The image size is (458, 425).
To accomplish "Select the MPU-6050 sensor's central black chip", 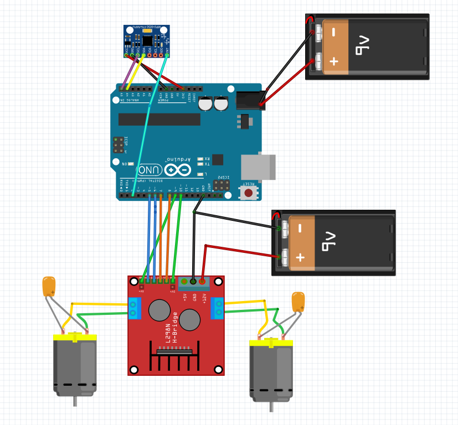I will [x=147, y=40].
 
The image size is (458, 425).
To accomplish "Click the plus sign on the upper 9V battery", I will [x=334, y=61].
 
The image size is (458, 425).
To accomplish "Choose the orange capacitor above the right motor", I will [x=298, y=302].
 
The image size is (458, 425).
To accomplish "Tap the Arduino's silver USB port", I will [x=258, y=167].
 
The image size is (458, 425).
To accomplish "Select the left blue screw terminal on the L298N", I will [x=133, y=308].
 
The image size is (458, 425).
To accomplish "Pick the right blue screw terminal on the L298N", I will [x=218, y=308].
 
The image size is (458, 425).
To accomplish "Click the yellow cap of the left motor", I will [x=75, y=337].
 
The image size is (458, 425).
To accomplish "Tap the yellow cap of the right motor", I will [x=271, y=343].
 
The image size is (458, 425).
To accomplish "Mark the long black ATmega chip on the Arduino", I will [x=159, y=120].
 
